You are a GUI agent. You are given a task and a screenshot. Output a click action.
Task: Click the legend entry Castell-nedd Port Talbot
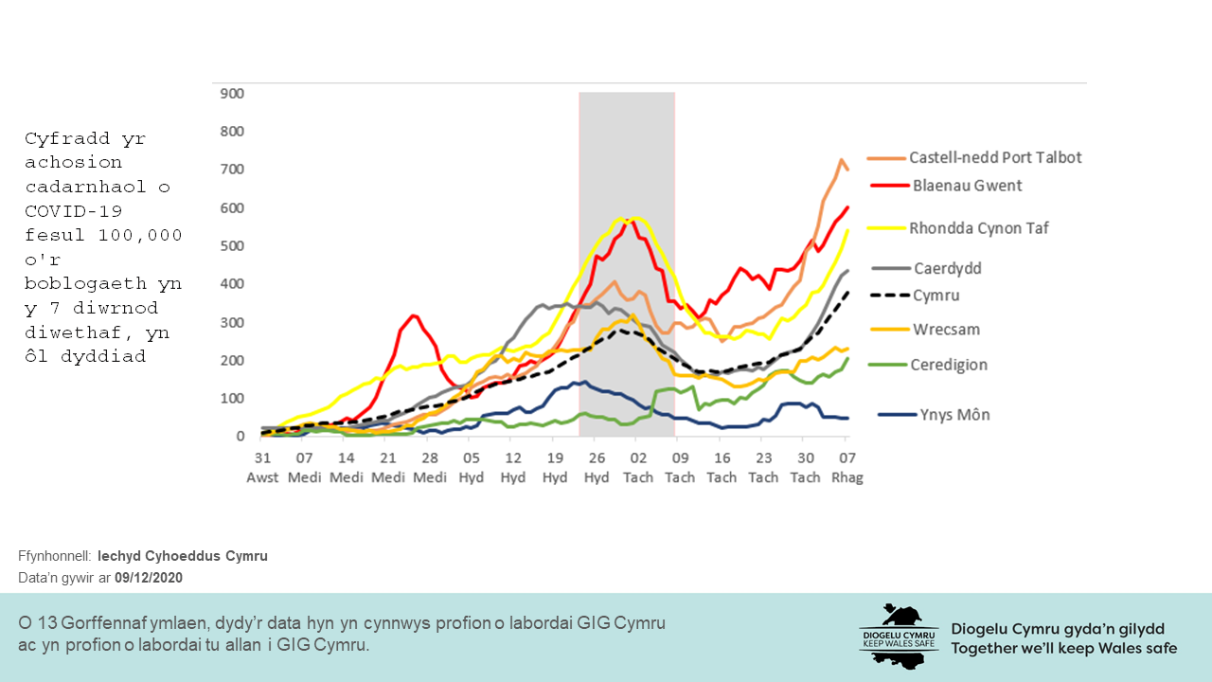click(x=995, y=158)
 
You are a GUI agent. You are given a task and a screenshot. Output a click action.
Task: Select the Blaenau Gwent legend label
click(x=966, y=186)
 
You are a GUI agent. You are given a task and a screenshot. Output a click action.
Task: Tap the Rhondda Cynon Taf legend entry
click(x=978, y=227)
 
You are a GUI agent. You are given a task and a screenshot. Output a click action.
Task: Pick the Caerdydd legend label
click(x=947, y=268)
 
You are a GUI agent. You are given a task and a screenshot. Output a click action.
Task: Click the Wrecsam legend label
click(x=946, y=330)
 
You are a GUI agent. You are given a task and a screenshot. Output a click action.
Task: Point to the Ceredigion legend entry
click(x=950, y=365)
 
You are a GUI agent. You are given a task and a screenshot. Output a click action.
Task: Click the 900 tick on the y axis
click(x=232, y=93)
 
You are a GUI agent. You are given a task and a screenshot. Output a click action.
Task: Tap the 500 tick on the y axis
click(x=232, y=246)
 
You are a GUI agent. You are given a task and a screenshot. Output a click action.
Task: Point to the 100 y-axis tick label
click(x=232, y=399)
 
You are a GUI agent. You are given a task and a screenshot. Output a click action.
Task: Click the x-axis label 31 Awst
click(x=262, y=467)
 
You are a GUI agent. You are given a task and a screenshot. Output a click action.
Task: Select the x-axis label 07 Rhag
click(x=847, y=467)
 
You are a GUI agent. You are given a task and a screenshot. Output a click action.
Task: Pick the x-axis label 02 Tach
click(x=638, y=467)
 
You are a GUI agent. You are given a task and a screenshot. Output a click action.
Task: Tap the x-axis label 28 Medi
click(x=430, y=467)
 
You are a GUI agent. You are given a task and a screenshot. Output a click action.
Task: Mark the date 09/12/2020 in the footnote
click(x=149, y=578)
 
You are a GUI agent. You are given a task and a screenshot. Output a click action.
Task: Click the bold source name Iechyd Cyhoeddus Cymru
click(x=183, y=556)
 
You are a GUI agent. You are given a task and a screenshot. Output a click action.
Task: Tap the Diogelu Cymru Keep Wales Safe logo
click(x=898, y=636)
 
